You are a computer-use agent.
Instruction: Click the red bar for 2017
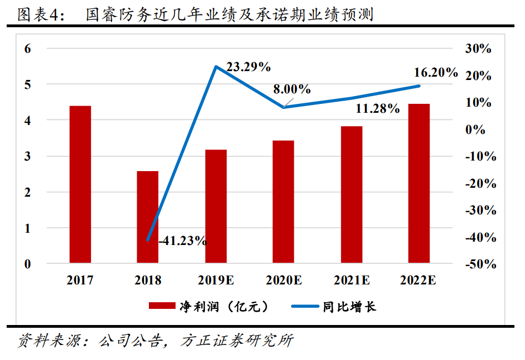[x=80, y=184]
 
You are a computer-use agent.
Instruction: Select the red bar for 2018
[x=148, y=217]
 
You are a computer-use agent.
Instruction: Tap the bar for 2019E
[x=216, y=206]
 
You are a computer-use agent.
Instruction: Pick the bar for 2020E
[x=283, y=202]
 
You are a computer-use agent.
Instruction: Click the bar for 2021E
[x=351, y=194]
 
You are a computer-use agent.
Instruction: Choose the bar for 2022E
[x=419, y=183]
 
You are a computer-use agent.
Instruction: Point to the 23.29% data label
[x=248, y=67]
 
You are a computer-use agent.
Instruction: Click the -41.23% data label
[x=183, y=241]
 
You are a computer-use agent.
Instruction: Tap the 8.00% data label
[x=292, y=89]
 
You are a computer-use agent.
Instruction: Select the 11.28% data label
[x=377, y=109]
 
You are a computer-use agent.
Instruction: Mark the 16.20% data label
[x=436, y=72]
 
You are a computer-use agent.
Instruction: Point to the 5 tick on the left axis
[x=27, y=84]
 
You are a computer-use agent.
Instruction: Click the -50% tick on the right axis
[x=481, y=264]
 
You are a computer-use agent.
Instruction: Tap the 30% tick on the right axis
[x=478, y=49]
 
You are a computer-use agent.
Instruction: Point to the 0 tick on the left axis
[x=27, y=264]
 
